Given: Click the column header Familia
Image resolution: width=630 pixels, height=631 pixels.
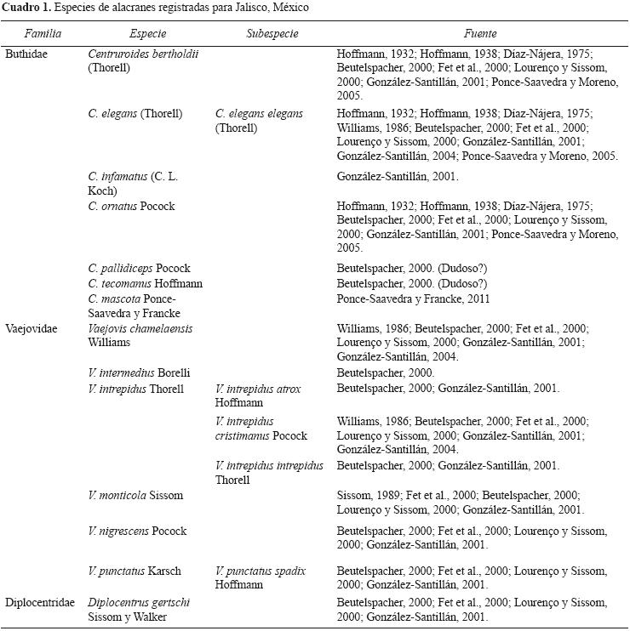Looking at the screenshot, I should (x=43, y=34).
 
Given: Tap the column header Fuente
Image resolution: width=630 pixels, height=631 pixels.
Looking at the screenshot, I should (x=480, y=34).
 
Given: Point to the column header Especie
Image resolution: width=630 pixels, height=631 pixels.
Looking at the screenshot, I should (x=148, y=34).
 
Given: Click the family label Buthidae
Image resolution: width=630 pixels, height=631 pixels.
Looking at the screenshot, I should (x=26, y=54).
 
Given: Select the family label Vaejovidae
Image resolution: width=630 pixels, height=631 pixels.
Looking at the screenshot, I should (x=31, y=328).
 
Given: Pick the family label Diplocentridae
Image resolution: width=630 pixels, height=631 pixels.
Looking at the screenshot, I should (x=40, y=603).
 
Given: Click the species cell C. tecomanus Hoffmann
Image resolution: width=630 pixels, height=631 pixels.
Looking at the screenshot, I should (x=146, y=283).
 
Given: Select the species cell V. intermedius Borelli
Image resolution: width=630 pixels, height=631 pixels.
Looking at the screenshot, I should (x=139, y=372).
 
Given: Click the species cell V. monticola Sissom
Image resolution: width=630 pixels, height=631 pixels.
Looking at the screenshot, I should (x=135, y=495).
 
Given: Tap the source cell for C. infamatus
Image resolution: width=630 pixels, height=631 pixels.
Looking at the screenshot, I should (x=398, y=177).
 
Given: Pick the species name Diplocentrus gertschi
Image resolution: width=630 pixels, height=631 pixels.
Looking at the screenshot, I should (x=139, y=603).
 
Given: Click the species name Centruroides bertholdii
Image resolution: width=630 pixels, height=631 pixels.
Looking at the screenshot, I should (x=143, y=54).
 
